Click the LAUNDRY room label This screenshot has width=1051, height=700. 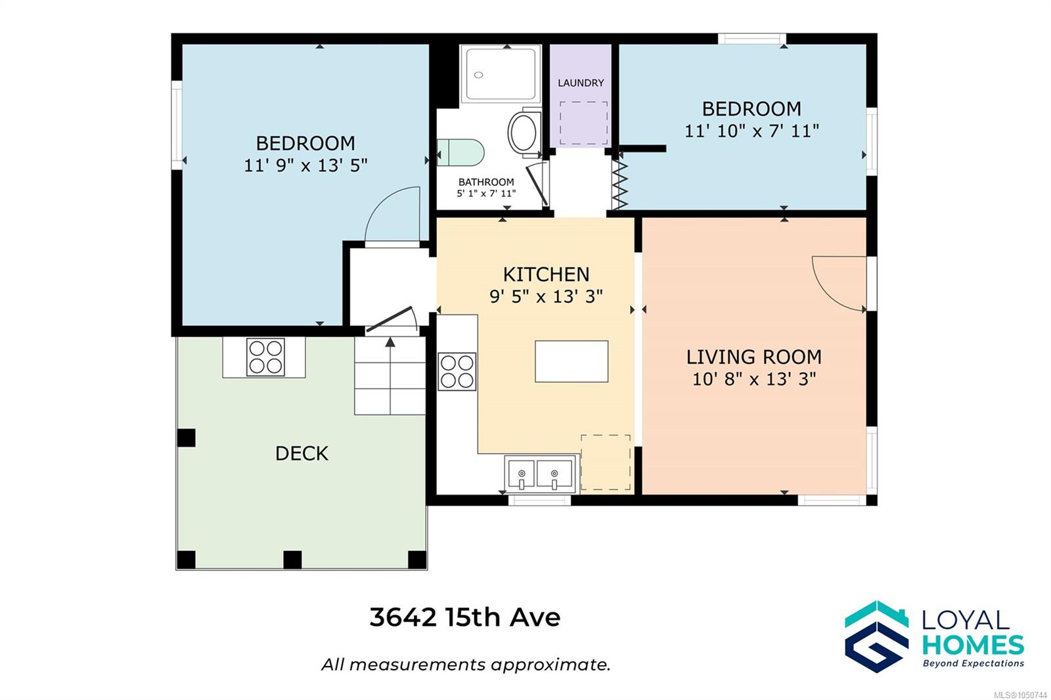[581, 83]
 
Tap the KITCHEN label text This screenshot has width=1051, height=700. [546, 274]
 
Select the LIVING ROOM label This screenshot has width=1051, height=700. [754, 357]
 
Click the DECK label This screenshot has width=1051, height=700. [302, 454]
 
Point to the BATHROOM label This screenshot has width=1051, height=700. [486, 182]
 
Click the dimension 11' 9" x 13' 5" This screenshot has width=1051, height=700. [305, 165]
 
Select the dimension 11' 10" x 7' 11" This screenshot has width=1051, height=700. [751, 131]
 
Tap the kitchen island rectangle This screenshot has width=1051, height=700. [571, 361]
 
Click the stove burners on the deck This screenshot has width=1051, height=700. [265, 357]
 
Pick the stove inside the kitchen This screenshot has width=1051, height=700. [457, 372]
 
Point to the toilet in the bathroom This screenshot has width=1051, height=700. [524, 132]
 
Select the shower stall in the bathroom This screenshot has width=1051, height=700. [501, 74]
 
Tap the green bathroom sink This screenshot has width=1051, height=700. [460, 152]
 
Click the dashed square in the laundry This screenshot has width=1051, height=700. [584, 123]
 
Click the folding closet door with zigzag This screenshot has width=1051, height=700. [620, 185]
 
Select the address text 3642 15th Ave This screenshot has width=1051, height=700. [465, 617]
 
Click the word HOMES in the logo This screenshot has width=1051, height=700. [973, 645]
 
